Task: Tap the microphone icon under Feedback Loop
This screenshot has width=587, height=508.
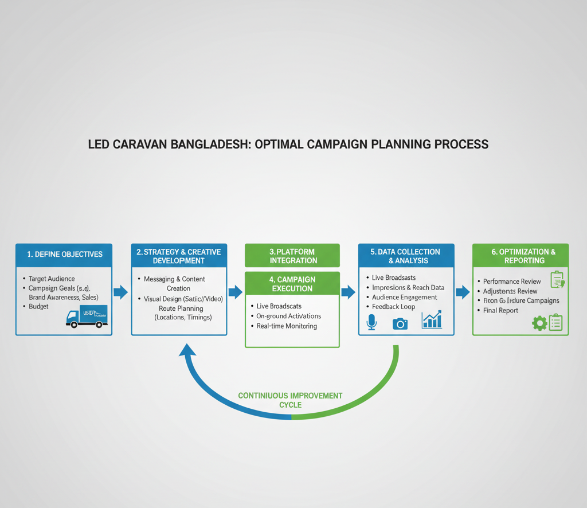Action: (x=371, y=322)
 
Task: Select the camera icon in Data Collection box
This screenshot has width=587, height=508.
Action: (x=400, y=323)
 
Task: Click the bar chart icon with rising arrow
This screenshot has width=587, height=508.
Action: (x=432, y=320)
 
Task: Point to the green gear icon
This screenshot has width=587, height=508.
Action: (x=539, y=323)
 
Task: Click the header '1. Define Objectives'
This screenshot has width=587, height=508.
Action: (x=64, y=254)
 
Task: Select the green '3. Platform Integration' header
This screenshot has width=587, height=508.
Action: (x=292, y=256)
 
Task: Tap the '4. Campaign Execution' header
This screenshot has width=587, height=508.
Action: (x=292, y=284)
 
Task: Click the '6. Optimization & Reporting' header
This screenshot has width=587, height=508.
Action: (x=520, y=256)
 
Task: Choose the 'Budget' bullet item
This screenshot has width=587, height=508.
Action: (x=39, y=307)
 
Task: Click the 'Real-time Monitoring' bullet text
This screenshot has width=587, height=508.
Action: (x=287, y=326)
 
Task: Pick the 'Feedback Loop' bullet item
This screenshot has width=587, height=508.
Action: (x=393, y=307)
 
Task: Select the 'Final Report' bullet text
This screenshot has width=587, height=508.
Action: (x=500, y=311)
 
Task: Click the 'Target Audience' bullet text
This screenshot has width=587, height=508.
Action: (x=52, y=279)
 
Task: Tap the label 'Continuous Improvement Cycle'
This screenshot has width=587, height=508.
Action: (x=290, y=400)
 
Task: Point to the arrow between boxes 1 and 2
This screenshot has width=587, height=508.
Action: (x=121, y=292)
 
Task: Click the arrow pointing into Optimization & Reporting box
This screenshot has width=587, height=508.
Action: (x=463, y=292)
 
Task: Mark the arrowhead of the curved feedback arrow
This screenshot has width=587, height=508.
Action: (x=187, y=349)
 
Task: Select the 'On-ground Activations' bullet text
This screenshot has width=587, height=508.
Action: (x=288, y=316)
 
